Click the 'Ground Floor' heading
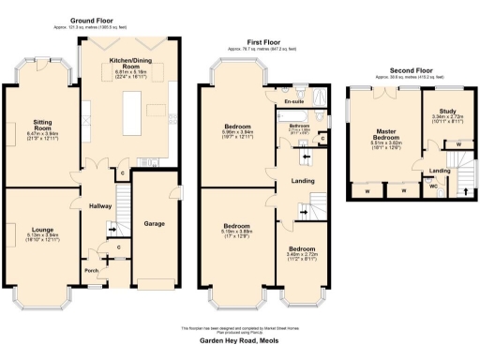coord(93,19)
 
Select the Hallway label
coord(100,205)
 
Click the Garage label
coord(154,224)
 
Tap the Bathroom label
coord(299,125)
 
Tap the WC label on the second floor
coord(432,186)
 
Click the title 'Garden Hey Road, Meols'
coord(240,343)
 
